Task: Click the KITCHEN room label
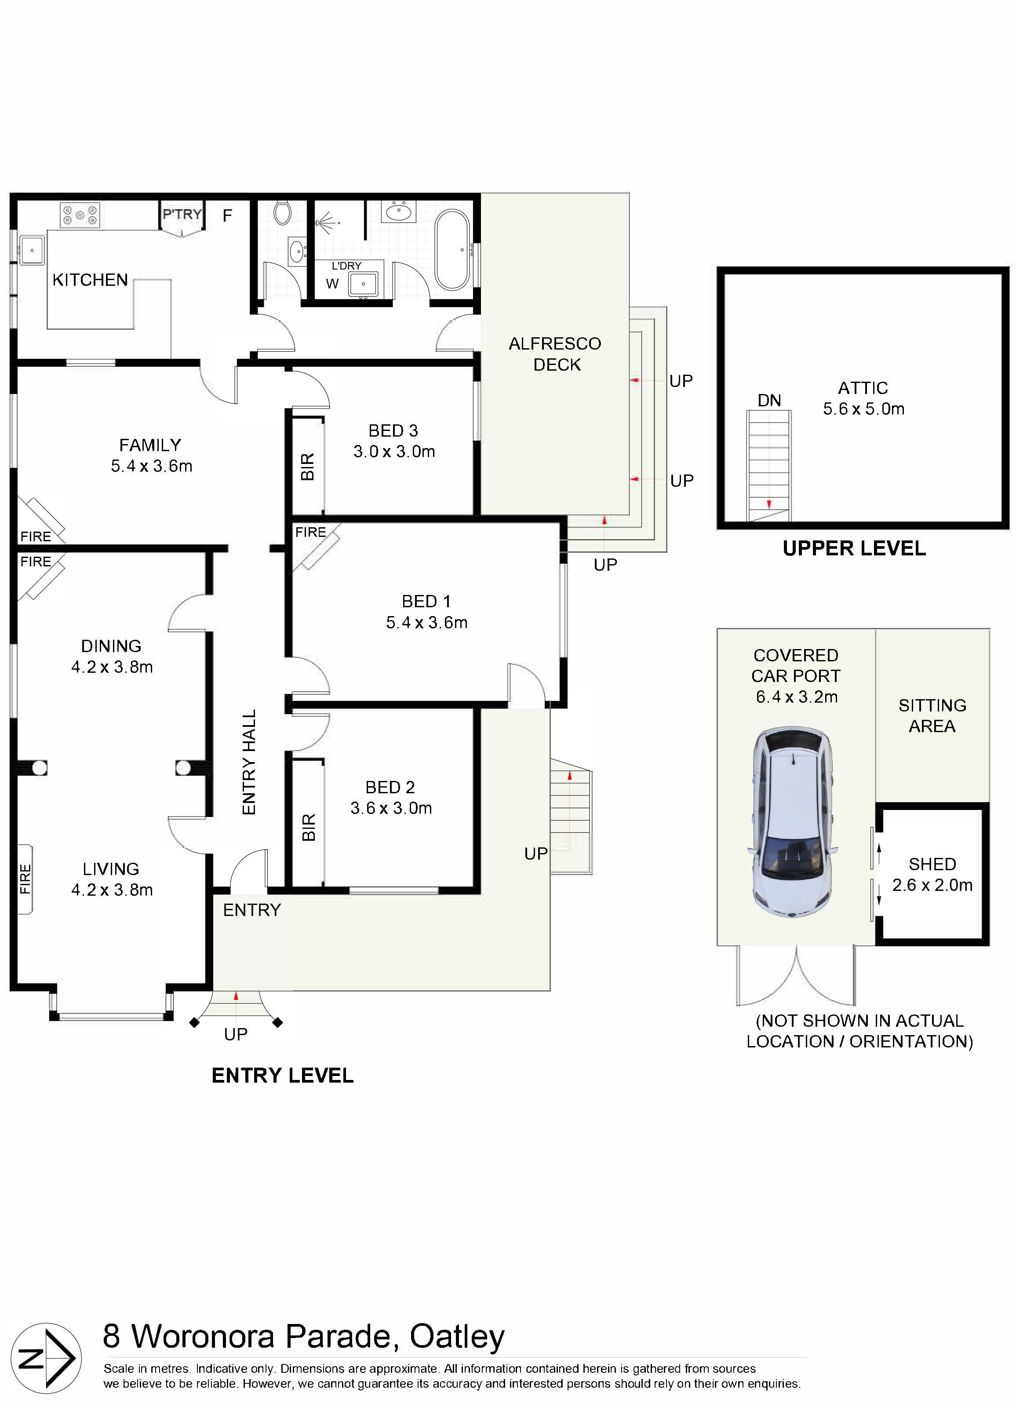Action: pyautogui.click(x=90, y=280)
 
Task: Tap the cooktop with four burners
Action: pyautogui.click(x=80, y=215)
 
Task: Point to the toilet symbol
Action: pyautogui.click(x=282, y=213)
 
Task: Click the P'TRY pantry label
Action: pyautogui.click(x=182, y=215)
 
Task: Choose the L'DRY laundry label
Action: pyautogui.click(x=346, y=266)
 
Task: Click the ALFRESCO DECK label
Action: pyautogui.click(x=555, y=354)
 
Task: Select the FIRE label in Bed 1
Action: pyautogui.click(x=310, y=532)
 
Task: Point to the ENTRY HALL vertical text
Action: pyautogui.click(x=249, y=762)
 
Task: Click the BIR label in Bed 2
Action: pyautogui.click(x=309, y=827)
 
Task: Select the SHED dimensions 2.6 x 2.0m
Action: pyautogui.click(x=932, y=885)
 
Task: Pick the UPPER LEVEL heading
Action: pyautogui.click(x=854, y=548)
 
